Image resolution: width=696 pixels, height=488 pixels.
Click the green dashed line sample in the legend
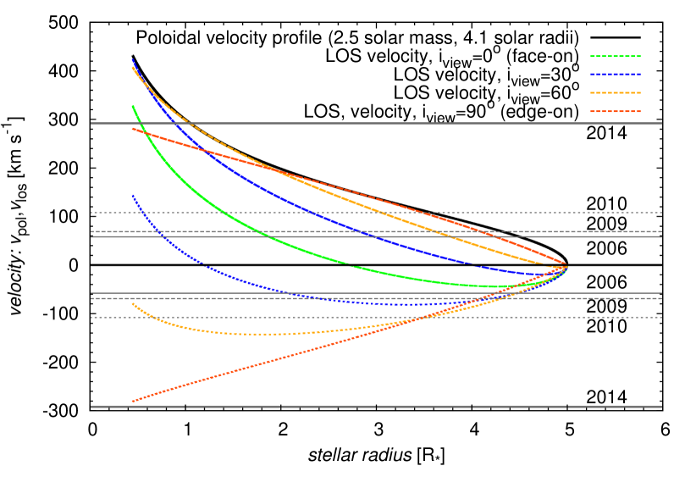coord(616,57)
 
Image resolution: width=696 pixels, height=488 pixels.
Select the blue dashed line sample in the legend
coord(616,75)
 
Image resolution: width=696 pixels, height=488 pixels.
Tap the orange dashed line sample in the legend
coord(616,93)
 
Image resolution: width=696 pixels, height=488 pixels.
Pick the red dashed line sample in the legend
coord(616,111)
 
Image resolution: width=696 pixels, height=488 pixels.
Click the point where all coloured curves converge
coord(566,267)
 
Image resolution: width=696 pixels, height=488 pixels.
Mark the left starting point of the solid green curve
coord(133,106)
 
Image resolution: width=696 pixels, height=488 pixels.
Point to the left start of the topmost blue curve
coord(133,60)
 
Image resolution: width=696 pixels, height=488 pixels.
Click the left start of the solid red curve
coord(133,129)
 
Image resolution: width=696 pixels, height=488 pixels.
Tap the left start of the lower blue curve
coord(133,196)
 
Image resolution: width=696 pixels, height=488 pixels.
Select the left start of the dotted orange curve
coord(133,304)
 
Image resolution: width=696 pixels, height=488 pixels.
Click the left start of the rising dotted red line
coord(133,401)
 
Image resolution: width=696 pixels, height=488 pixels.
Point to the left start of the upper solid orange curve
coord(133,68)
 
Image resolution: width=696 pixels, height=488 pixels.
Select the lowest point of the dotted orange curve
coord(254,334)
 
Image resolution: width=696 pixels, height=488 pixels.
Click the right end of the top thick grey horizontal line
coord(661,124)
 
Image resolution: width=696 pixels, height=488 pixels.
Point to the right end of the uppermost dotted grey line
coord(661,213)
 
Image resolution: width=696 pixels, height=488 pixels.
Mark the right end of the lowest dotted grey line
coord(661,318)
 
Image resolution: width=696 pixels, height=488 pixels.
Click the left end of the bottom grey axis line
coord(91,407)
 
